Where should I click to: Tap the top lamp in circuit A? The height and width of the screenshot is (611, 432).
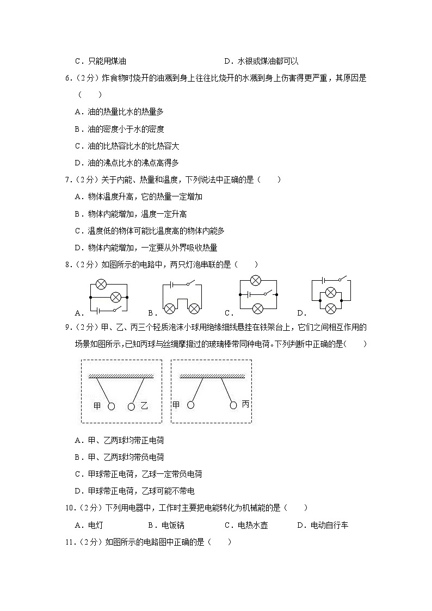click(101, 283)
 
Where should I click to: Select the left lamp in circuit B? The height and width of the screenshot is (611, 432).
click(169, 308)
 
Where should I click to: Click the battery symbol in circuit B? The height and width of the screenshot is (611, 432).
click(172, 283)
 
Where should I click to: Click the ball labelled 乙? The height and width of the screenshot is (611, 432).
click(131, 406)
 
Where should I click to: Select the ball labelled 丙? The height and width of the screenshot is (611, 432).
click(233, 405)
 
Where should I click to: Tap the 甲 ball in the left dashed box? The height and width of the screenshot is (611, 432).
click(112, 406)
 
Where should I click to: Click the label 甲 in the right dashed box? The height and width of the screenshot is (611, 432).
click(176, 405)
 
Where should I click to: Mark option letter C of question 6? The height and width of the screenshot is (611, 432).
click(77, 146)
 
